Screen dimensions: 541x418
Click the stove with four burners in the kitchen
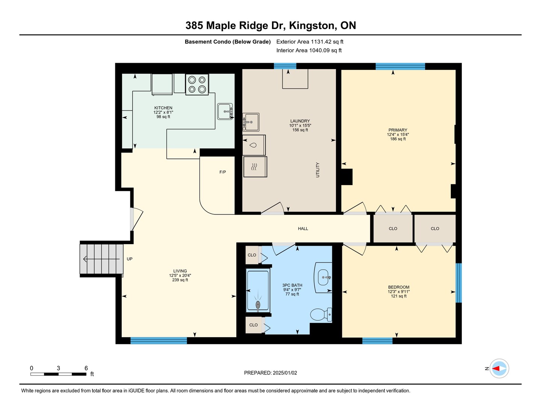[x=197, y=85]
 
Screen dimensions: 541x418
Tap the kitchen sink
[x=225, y=112]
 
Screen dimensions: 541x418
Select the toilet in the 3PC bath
[x=321, y=314]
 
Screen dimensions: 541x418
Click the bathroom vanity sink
[x=323, y=278]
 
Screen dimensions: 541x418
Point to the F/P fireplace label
[x=222, y=172]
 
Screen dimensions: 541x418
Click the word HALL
[x=303, y=228]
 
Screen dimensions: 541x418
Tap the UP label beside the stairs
[x=130, y=259]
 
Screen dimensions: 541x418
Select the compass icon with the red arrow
[x=499, y=368]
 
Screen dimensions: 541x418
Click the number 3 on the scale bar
[x=58, y=368]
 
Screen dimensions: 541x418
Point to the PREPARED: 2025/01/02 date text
[x=270, y=373]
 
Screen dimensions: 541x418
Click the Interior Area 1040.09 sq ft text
[x=309, y=50]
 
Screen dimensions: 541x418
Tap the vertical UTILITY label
[x=317, y=170]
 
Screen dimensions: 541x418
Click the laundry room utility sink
[x=251, y=122]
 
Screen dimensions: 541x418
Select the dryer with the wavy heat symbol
[x=255, y=167]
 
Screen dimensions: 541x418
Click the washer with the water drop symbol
[x=254, y=145]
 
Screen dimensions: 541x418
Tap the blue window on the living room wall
[x=159, y=340]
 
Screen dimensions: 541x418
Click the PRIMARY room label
[x=398, y=130]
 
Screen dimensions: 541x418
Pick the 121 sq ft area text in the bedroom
[x=399, y=296]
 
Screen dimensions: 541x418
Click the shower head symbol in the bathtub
[x=258, y=305]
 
